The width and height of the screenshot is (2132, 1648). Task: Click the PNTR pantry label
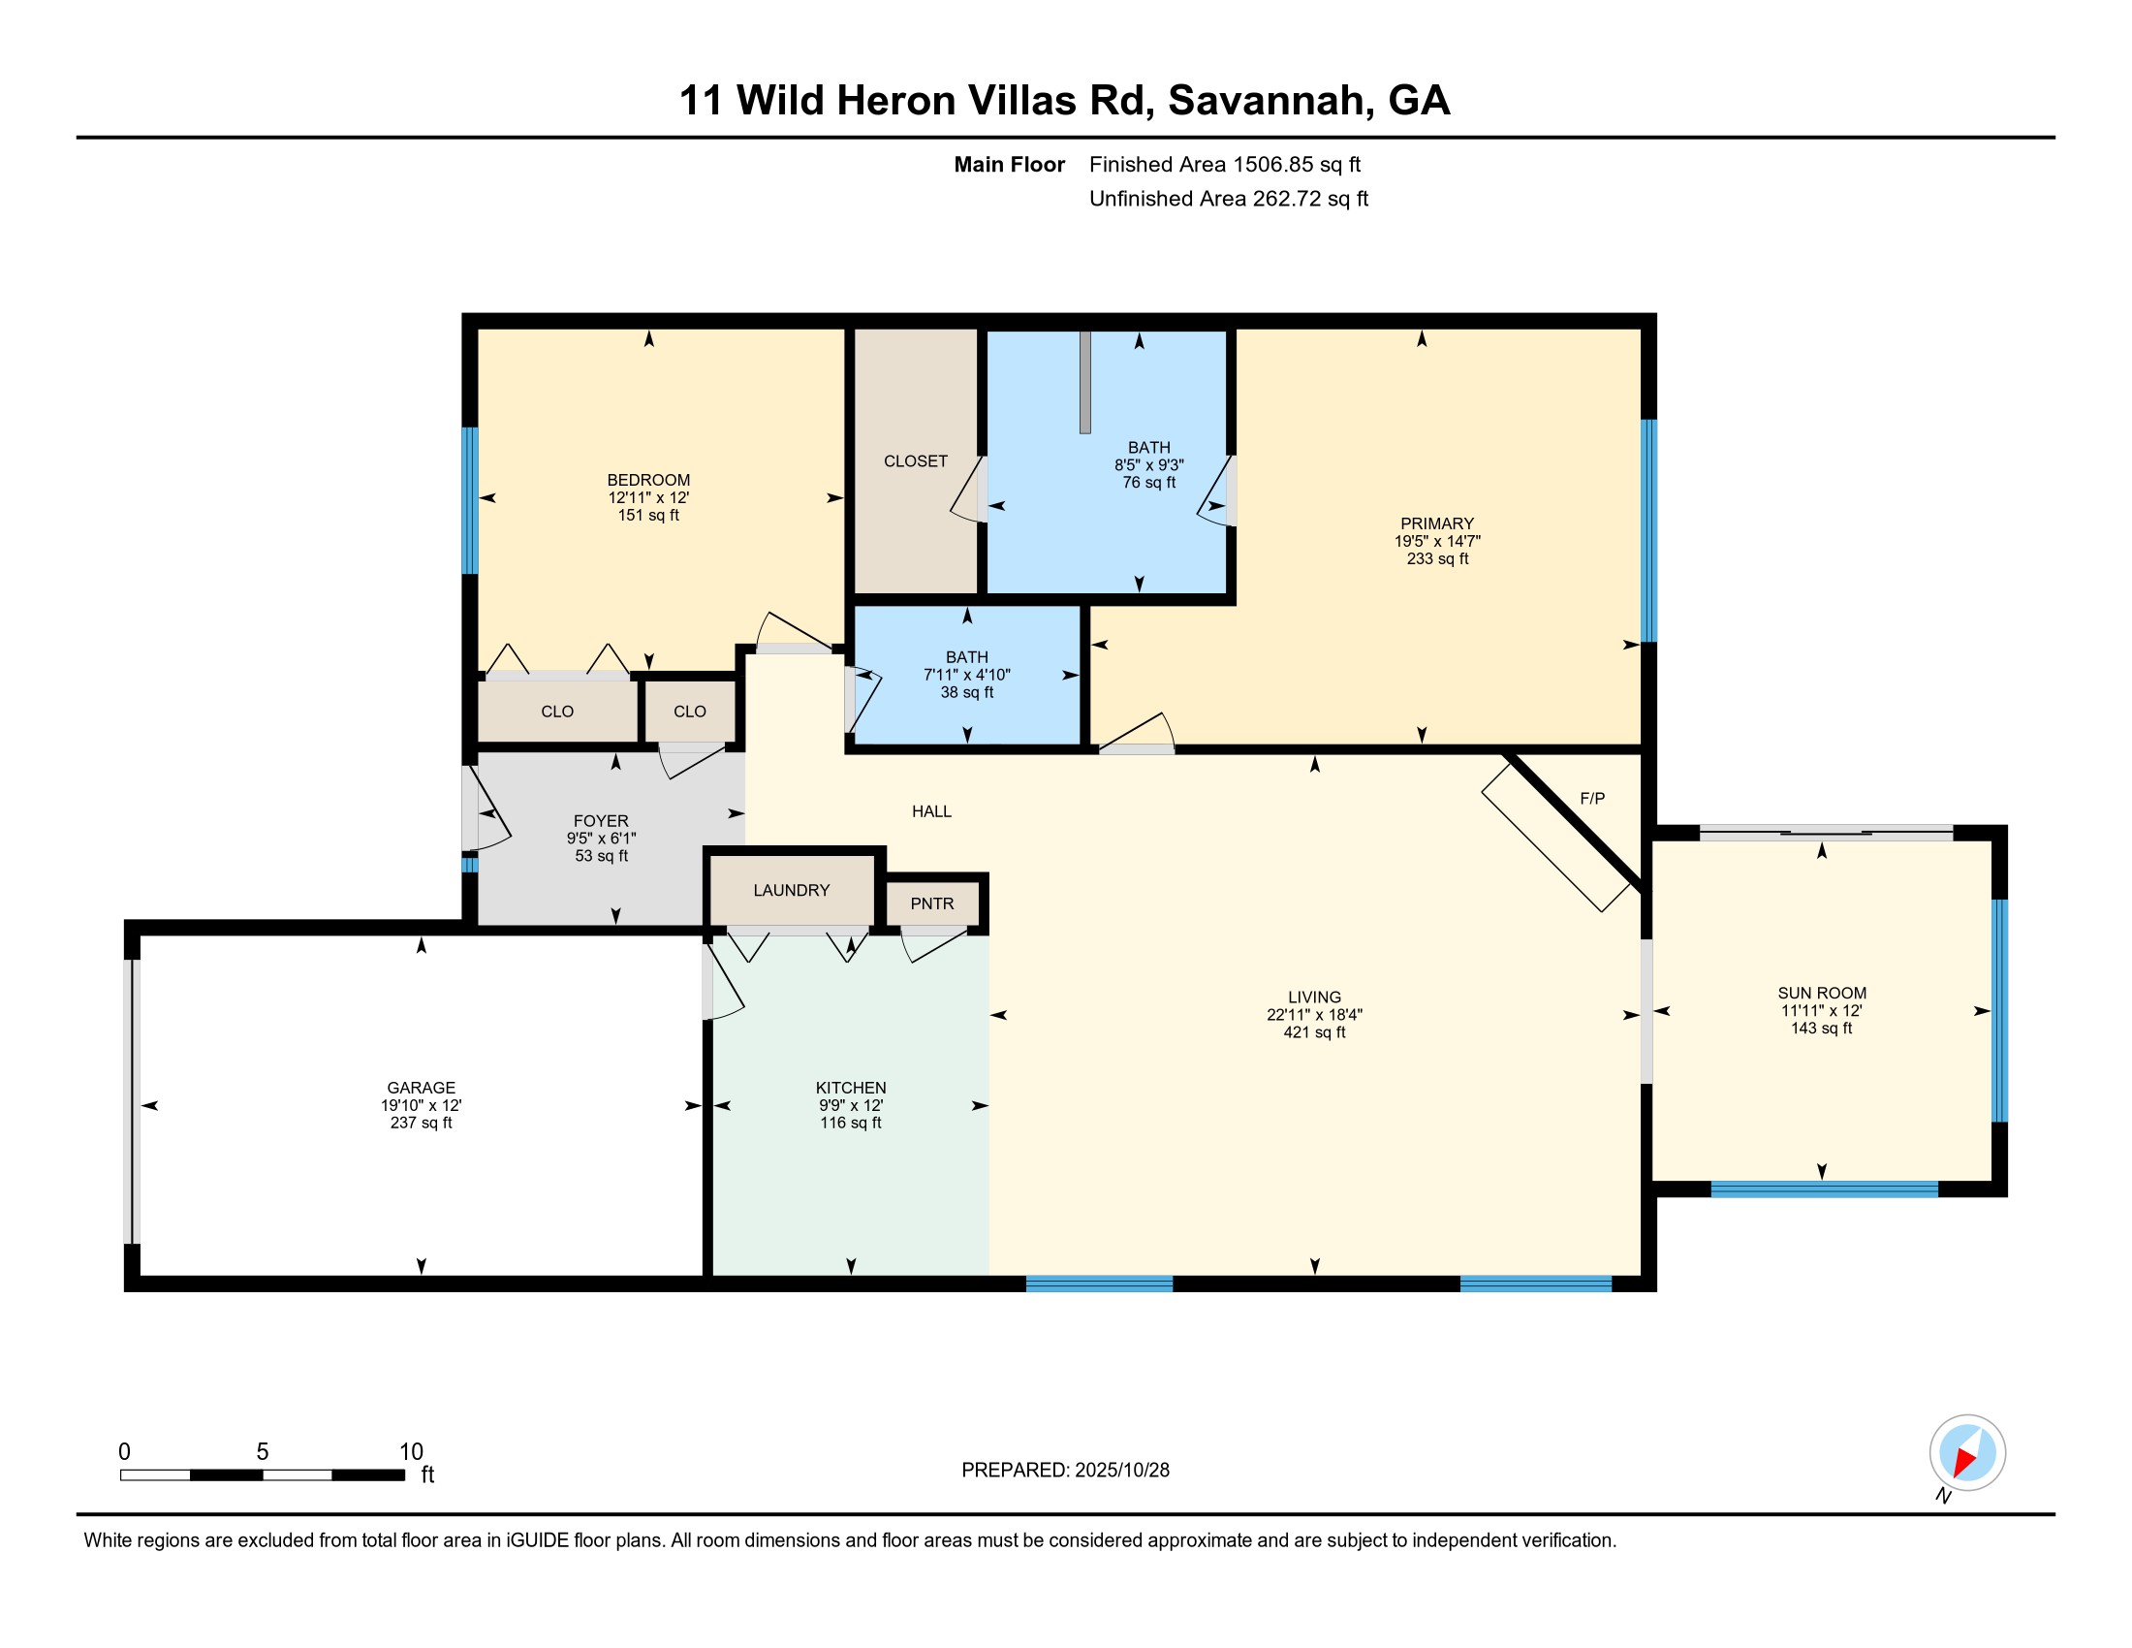point(931,903)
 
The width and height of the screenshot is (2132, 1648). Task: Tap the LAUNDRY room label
point(791,889)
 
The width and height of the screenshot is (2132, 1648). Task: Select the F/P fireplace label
point(1592,798)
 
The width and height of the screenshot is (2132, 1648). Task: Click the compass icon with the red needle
point(1967,1452)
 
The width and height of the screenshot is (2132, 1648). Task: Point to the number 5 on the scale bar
point(263,1451)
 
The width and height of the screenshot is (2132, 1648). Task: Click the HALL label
point(931,810)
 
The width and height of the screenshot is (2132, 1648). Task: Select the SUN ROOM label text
point(1822,992)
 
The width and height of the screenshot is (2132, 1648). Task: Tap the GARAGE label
point(421,1087)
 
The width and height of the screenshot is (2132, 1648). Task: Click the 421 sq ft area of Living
point(1314,1032)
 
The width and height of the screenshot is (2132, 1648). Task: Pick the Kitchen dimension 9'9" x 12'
point(850,1105)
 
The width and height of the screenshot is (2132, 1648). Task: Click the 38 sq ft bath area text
point(966,692)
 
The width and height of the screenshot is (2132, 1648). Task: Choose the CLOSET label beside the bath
point(916,460)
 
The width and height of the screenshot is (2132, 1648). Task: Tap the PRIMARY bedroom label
point(1437,523)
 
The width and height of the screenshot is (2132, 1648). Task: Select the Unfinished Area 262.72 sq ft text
point(1228,198)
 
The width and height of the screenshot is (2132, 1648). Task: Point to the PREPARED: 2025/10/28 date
point(1065,1470)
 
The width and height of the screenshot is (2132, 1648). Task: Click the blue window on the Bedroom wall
point(470,500)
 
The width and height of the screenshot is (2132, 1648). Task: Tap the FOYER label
point(601,820)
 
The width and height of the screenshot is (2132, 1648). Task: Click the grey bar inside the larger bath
point(1084,382)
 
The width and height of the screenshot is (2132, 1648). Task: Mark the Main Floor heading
point(1010,164)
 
